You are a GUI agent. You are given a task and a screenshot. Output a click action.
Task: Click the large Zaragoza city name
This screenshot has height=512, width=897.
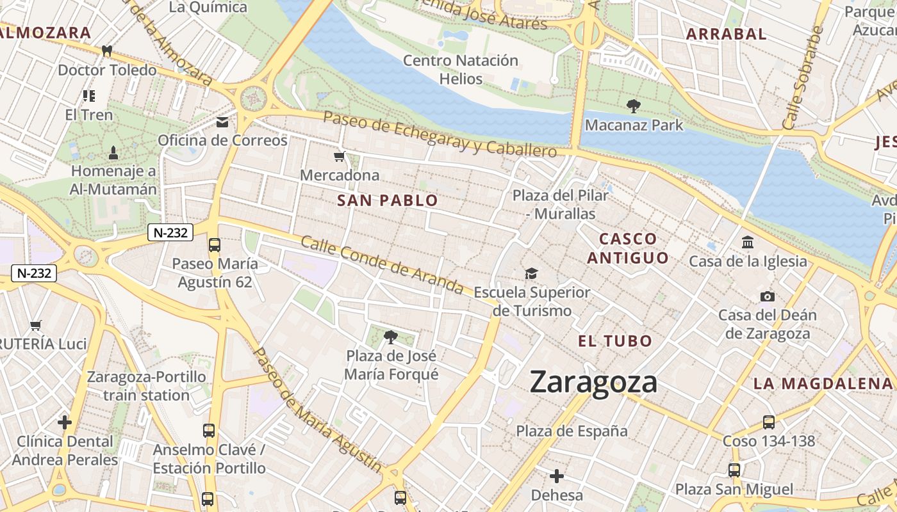[594, 383]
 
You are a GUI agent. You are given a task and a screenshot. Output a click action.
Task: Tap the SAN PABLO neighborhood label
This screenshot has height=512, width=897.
[388, 200]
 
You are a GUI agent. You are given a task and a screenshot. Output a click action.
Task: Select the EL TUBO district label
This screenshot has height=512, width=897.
[615, 341]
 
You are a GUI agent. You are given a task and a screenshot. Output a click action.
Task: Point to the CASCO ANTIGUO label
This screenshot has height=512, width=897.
[628, 248]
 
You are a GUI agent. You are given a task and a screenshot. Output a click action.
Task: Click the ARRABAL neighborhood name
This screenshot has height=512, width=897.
[726, 35]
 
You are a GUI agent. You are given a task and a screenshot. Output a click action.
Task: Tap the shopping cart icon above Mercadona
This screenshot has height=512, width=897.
[339, 156]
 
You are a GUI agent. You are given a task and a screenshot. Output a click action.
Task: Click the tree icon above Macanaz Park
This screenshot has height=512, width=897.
[634, 106]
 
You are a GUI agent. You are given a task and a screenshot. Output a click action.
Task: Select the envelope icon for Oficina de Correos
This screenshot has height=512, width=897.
[222, 122]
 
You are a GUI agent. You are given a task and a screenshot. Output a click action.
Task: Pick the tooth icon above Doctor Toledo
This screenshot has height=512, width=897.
[107, 51]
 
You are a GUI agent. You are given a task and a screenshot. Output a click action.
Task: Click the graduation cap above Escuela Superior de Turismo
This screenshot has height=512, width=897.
[531, 274]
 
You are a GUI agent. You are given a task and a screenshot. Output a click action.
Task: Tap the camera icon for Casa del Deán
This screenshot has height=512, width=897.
[767, 296]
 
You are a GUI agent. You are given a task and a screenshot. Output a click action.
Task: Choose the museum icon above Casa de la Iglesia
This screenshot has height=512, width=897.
[747, 243]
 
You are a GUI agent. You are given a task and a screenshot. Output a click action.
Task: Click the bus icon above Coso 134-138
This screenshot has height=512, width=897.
[768, 422]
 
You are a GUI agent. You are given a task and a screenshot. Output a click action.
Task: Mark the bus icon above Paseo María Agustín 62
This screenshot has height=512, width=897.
[215, 244]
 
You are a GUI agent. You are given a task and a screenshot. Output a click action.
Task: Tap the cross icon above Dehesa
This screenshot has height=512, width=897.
[557, 476]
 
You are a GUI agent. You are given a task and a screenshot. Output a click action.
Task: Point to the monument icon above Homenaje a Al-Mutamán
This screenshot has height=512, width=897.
[113, 152]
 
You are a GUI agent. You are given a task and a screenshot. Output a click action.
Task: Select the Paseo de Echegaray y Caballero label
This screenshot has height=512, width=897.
[440, 134]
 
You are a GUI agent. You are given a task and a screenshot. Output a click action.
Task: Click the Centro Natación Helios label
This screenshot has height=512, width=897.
[461, 70]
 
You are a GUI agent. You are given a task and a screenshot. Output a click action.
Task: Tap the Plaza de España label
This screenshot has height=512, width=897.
[572, 431]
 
